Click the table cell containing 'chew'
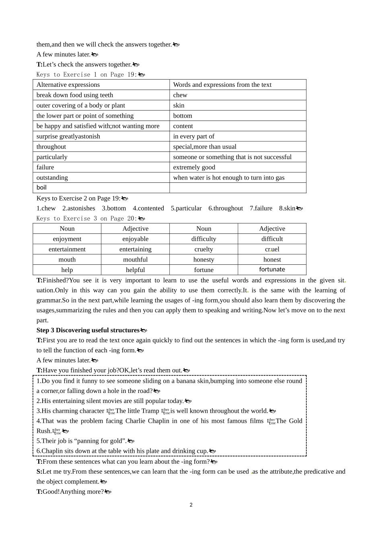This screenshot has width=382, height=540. (x=180, y=95)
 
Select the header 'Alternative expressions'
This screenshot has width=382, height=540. (x=68, y=85)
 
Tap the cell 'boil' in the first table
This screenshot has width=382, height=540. (x=41, y=188)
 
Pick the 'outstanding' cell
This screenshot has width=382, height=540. (x=52, y=178)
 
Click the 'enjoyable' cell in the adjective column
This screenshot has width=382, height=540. (x=135, y=239)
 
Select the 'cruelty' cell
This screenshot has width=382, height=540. (x=203, y=250)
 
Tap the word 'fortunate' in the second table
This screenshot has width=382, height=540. (x=272, y=270)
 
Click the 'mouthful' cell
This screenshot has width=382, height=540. (x=135, y=260)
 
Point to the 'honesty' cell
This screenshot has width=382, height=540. (x=203, y=260)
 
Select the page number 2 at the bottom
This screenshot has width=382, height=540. (x=191, y=505)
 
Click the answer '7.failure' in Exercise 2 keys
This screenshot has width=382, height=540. (x=261, y=209)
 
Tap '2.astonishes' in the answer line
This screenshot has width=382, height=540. (x=79, y=209)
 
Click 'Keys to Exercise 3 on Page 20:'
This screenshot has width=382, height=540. (x=86, y=219)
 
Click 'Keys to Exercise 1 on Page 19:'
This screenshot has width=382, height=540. (x=86, y=75)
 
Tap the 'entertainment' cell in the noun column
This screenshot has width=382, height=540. (x=67, y=250)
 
